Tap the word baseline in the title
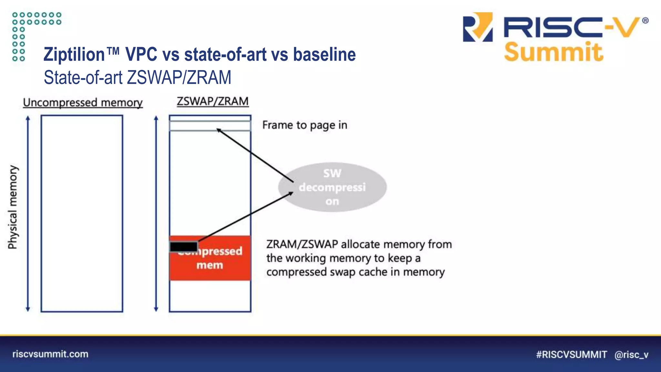(x=324, y=54)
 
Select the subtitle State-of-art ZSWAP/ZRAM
(x=137, y=77)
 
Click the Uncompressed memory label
(x=83, y=103)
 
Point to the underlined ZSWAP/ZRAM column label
(x=212, y=101)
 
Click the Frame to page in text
(x=305, y=125)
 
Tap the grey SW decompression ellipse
(x=332, y=187)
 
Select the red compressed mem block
(x=219, y=265)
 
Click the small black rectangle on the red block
(x=184, y=247)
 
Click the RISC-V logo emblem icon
(x=478, y=27)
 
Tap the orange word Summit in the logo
(x=553, y=52)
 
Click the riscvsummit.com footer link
(x=50, y=354)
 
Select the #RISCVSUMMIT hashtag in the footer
(x=571, y=355)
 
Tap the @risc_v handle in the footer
(x=631, y=355)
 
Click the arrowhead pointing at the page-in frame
(x=219, y=130)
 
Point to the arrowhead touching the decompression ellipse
(x=291, y=193)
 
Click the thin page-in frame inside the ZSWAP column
(x=210, y=126)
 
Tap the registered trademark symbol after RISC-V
(x=645, y=21)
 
